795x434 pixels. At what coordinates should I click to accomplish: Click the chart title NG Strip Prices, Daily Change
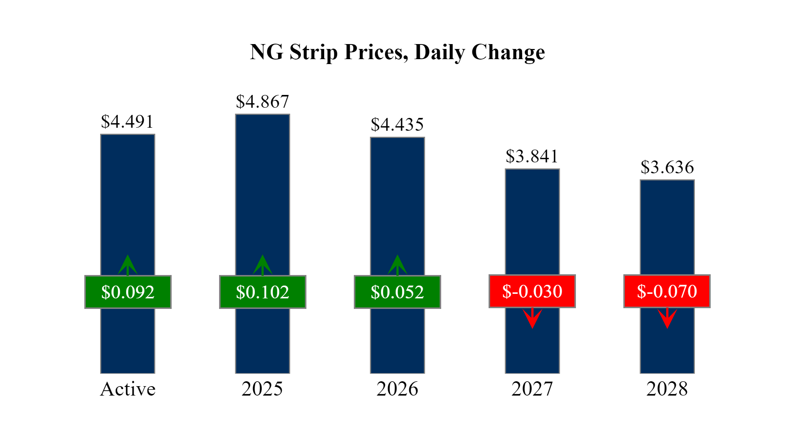[x=397, y=52]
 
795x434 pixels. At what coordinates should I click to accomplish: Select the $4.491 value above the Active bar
[x=128, y=122]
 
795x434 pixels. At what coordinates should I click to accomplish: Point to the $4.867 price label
[x=262, y=102]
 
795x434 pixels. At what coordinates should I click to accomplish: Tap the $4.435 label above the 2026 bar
[x=397, y=125]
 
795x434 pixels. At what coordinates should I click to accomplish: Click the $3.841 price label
[x=532, y=156]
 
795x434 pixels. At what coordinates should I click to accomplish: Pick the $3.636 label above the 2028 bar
[x=667, y=167]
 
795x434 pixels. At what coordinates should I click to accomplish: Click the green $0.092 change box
[x=128, y=292]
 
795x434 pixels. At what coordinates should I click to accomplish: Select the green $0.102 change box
[x=263, y=292]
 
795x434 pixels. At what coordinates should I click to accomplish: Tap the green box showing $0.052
[x=397, y=292]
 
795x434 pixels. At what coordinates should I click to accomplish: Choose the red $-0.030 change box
[x=532, y=291]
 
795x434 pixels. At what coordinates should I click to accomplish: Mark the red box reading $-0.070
[x=667, y=291]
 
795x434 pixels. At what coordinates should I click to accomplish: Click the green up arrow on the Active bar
[x=128, y=265]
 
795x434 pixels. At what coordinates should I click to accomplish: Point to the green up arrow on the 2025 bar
[x=262, y=265]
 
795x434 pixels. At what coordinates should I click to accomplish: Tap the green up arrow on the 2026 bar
[x=397, y=265]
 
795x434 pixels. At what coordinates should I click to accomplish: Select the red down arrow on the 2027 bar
[x=532, y=318]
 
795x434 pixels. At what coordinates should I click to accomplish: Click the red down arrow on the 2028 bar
[x=667, y=318]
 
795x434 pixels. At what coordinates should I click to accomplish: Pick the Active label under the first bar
[x=128, y=389]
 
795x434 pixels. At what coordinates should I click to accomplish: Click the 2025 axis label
[x=262, y=389]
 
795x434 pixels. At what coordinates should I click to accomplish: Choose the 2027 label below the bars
[x=532, y=389]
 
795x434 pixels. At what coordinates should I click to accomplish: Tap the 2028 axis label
[x=667, y=389]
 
